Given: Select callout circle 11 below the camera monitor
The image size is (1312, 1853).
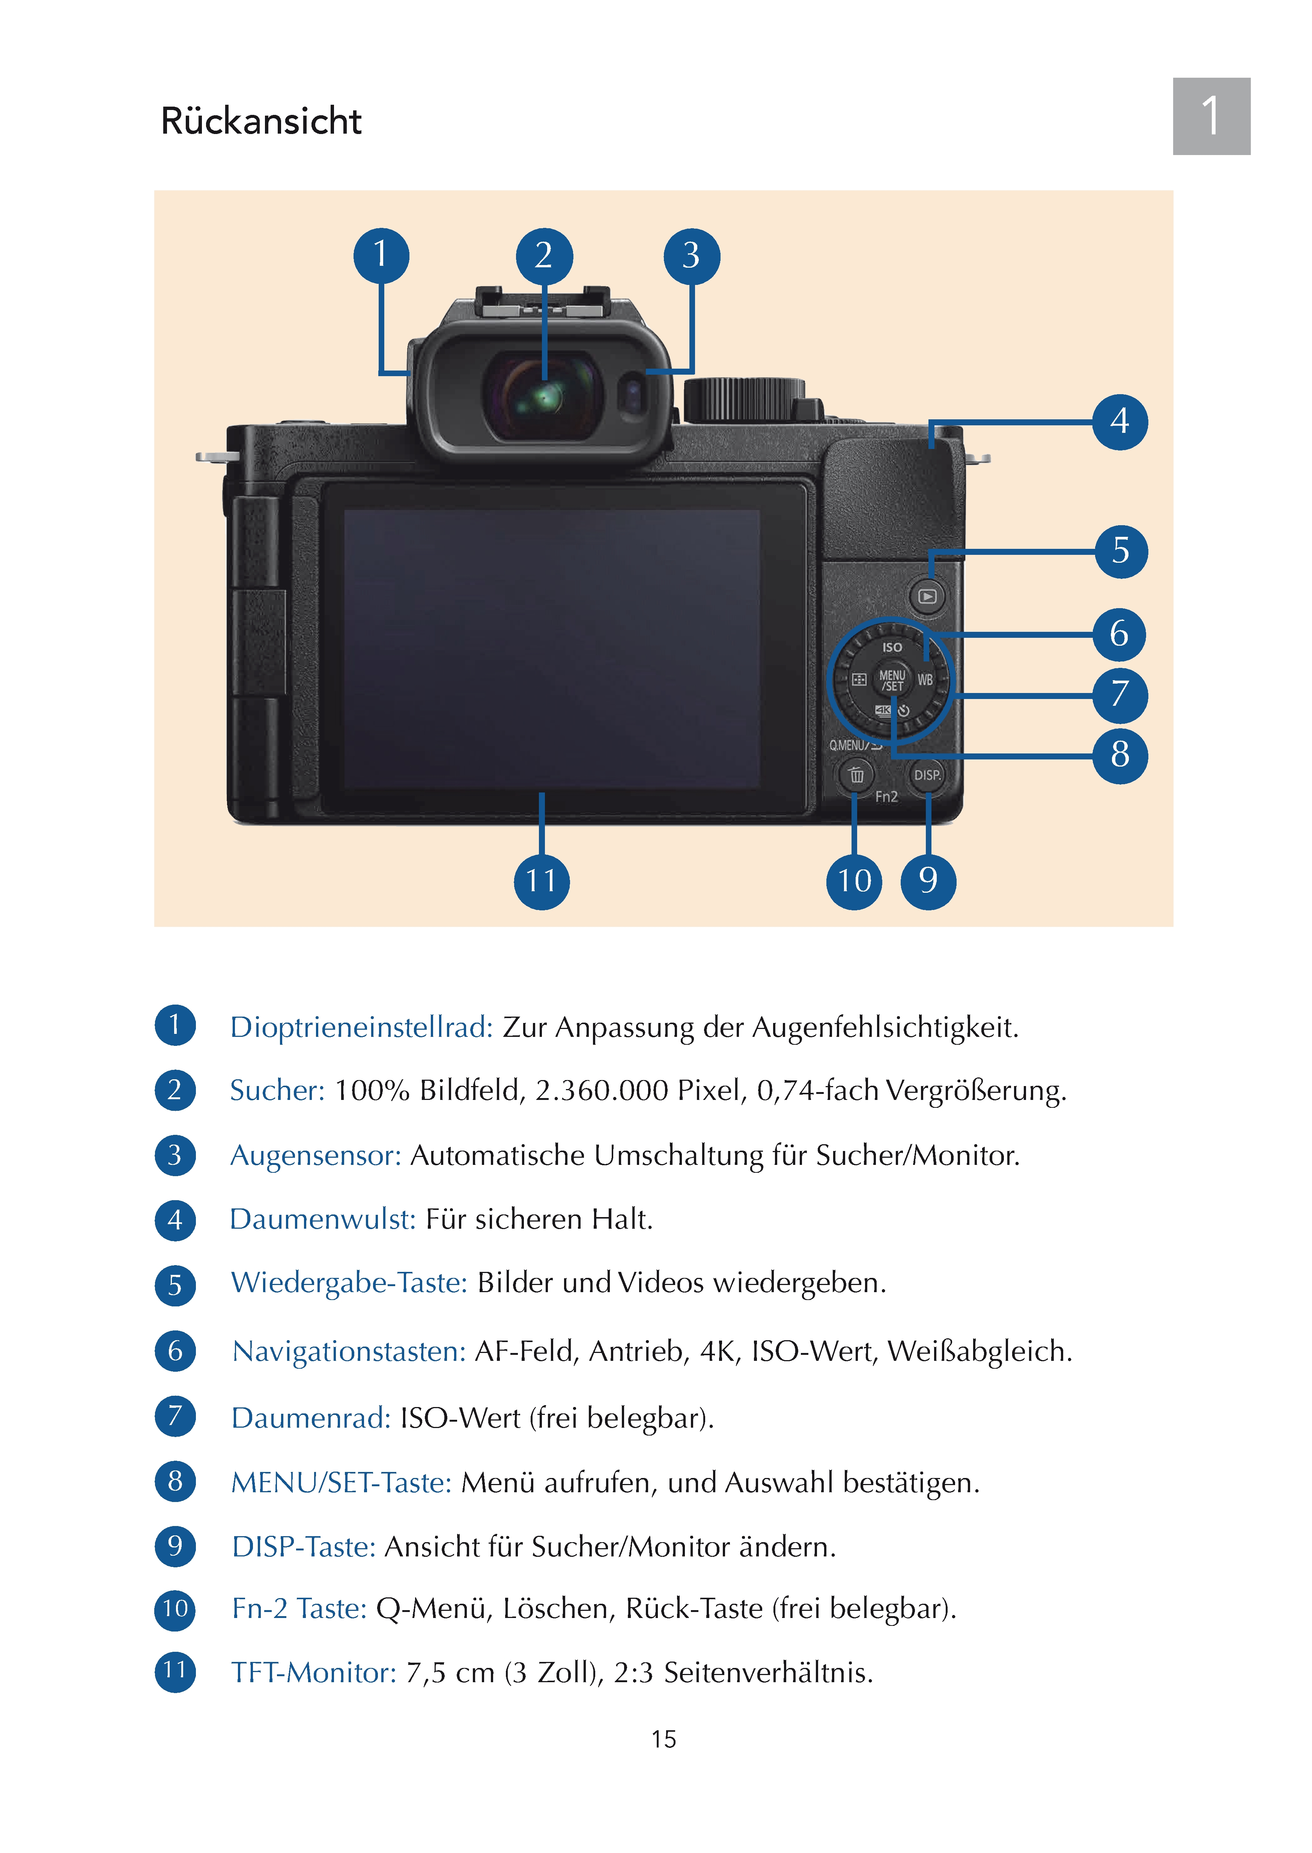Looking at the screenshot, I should pyautogui.click(x=541, y=881).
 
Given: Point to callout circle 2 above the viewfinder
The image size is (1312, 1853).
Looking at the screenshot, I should pyautogui.click(x=544, y=256).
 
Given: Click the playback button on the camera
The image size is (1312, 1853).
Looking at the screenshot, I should pyautogui.click(x=927, y=597).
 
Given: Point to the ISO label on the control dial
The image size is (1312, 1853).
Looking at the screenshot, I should pyautogui.click(x=892, y=647).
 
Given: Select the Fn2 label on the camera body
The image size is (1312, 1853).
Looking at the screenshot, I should pyautogui.click(x=886, y=797).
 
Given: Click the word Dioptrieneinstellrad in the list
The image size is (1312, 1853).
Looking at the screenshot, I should pyautogui.click(x=361, y=1027).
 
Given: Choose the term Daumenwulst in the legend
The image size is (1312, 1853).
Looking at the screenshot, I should pyautogui.click(x=322, y=1219).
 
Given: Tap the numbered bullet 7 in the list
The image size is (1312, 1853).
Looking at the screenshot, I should pyautogui.click(x=175, y=1416).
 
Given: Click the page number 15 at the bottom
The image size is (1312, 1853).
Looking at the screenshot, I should pyautogui.click(x=663, y=1739).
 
